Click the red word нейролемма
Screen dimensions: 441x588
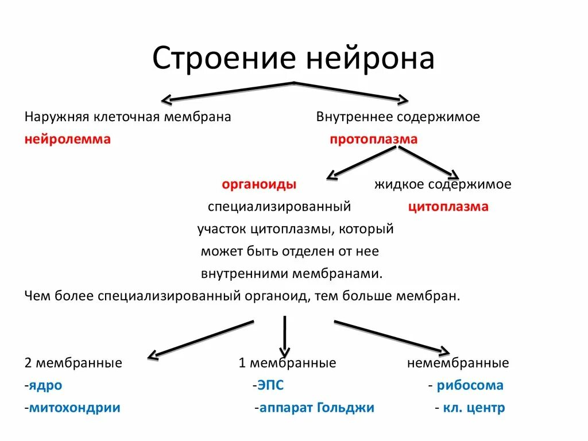(67, 139)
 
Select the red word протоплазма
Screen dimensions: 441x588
(373, 139)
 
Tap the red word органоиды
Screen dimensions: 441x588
(259, 184)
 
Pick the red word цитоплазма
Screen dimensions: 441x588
(448, 207)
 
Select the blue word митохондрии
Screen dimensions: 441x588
(75, 408)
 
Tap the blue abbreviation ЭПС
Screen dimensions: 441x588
(270, 385)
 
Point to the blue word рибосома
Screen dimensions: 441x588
(470, 385)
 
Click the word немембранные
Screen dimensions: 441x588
(458, 363)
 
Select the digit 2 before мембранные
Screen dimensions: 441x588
(28, 363)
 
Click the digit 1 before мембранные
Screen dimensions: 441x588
(242, 363)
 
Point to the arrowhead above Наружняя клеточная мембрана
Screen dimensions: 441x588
(167, 100)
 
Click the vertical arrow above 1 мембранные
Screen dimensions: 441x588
(285, 336)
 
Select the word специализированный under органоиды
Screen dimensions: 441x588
(279, 207)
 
